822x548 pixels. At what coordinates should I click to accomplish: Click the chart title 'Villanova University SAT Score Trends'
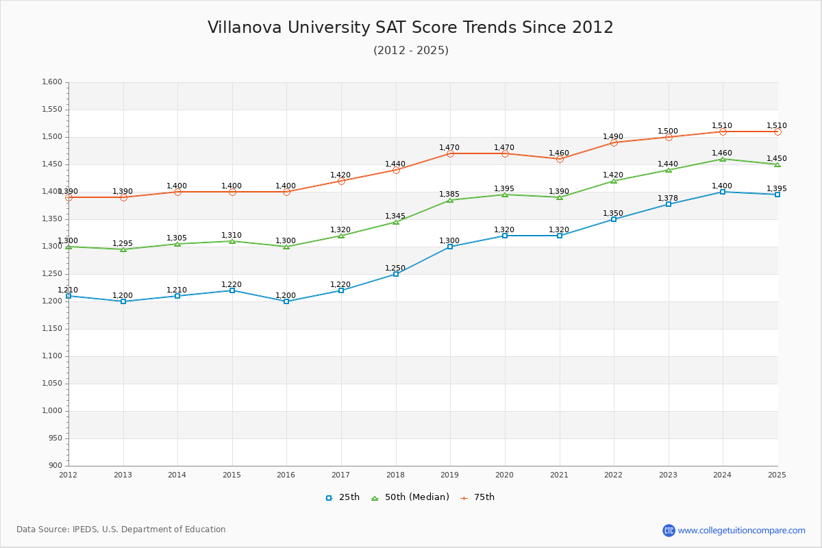(x=410, y=27)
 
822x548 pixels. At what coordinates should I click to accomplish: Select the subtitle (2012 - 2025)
(x=410, y=50)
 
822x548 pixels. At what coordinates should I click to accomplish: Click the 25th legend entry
(x=342, y=497)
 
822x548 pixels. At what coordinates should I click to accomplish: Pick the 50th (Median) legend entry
(x=410, y=497)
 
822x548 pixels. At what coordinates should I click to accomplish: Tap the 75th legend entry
(x=477, y=497)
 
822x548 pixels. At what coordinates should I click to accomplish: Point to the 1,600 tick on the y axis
(x=52, y=82)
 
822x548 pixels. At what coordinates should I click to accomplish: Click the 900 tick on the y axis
(x=55, y=466)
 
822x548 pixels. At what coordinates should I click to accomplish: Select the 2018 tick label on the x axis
(x=395, y=475)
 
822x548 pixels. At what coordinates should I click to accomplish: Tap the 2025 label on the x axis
(x=777, y=475)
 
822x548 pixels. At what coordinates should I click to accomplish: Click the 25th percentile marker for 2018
(x=396, y=274)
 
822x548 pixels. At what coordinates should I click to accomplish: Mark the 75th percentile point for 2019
(x=450, y=153)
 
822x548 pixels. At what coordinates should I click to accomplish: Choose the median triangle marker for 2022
(x=614, y=181)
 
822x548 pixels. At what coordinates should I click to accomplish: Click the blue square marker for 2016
(x=286, y=301)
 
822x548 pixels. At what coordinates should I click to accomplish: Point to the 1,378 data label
(x=668, y=199)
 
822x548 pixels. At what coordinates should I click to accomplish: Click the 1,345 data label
(x=395, y=216)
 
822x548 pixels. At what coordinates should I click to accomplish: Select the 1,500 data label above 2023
(x=668, y=132)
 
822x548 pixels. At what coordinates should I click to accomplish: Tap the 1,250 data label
(x=395, y=269)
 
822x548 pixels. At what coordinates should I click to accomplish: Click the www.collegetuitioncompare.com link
(x=741, y=530)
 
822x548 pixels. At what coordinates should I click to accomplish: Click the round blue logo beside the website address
(x=669, y=530)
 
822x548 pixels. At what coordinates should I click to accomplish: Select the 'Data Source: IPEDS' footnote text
(x=121, y=530)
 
